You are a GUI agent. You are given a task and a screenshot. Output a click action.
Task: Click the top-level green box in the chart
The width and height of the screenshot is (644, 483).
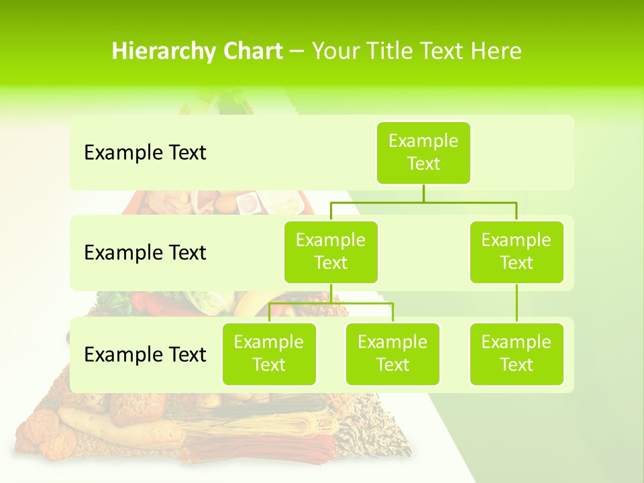(x=423, y=152)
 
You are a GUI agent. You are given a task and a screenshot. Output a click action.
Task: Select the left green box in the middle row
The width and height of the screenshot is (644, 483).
(x=331, y=252)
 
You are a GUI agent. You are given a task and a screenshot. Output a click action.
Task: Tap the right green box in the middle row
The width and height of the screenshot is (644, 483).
(x=517, y=252)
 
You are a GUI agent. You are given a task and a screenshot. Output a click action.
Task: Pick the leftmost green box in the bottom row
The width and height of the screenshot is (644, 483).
(x=269, y=354)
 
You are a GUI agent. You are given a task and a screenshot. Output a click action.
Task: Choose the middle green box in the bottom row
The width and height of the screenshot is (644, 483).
(x=392, y=354)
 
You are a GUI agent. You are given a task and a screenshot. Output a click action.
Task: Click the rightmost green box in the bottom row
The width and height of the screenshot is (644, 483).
(x=517, y=354)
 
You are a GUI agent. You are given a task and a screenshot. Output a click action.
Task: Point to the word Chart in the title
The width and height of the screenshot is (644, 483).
(x=250, y=51)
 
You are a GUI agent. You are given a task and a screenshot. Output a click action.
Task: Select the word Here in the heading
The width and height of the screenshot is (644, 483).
(x=496, y=51)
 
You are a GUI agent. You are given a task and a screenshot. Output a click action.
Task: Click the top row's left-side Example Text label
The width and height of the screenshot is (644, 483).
(x=145, y=153)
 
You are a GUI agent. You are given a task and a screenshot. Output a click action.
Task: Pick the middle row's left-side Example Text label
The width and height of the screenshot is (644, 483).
(x=145, y=253)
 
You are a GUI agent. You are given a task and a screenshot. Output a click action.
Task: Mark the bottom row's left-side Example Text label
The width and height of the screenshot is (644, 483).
(x=145, y=354)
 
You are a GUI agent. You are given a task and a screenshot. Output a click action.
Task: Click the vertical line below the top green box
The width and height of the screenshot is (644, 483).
(x=423, y=193)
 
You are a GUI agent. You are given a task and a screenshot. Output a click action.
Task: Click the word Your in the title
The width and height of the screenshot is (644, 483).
(x=335, y=51)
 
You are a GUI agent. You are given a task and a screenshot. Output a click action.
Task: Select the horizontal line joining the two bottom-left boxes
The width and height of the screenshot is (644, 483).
(x=331, y=303)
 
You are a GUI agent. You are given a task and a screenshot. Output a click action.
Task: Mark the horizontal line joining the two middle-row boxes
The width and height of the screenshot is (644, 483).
(x=423, y=202)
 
